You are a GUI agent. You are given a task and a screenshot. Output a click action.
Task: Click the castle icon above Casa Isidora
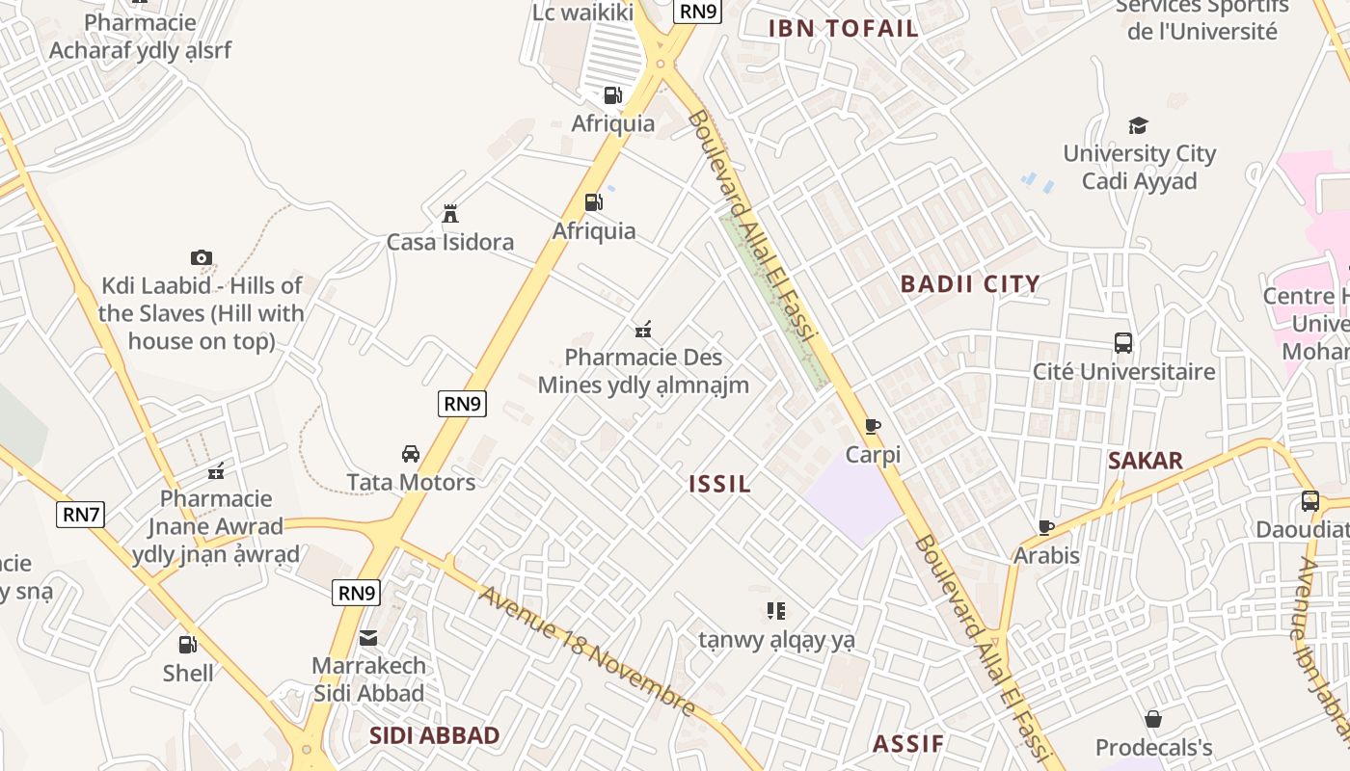(449, 214)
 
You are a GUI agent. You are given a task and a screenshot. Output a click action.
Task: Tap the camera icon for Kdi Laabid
(201, 257)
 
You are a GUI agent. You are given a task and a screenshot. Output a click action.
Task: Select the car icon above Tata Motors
(411, 454)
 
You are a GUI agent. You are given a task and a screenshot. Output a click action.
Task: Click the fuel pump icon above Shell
(187, 645)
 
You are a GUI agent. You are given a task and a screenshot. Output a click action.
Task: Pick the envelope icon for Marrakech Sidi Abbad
(368, 637)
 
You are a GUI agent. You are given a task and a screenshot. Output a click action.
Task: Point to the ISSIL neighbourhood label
(719, 484)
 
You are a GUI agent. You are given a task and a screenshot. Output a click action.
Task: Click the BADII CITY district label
(969, 284)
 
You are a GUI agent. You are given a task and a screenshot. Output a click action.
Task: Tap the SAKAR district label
(1145, 461)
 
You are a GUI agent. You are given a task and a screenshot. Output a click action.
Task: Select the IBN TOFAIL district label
(843, 29)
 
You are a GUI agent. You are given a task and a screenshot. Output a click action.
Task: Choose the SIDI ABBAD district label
(434, 736)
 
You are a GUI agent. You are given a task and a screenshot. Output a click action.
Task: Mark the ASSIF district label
(907, 744)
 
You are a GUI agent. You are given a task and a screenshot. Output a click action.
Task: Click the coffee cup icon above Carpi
(873, 426)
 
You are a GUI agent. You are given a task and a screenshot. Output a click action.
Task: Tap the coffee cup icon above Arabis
(1046, 527)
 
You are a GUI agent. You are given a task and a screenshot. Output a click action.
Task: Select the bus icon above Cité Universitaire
(1123, 343)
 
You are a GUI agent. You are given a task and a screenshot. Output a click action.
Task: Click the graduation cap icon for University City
(1139, 125)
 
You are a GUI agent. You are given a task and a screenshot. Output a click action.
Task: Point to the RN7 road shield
(81, 515)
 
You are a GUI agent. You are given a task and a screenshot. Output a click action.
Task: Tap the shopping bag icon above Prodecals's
(1153, 719)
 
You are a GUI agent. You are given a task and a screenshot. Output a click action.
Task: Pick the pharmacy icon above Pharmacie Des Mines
(643, 330)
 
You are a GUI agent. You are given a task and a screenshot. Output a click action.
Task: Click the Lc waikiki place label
(582, 12)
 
